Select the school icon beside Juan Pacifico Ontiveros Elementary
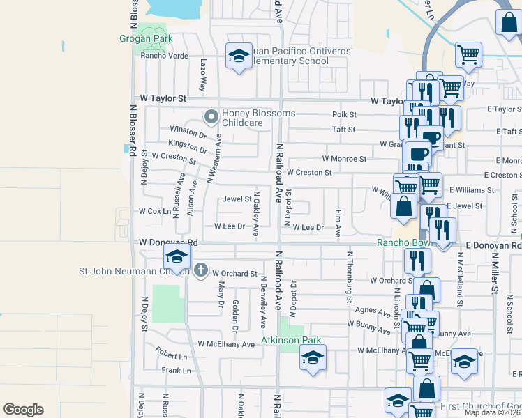[x=239, y=56]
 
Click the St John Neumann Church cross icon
[x=201, y=270]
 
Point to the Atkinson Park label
[x=291, y=341]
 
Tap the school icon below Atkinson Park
[x=312, y=359]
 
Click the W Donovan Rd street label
[x=169, y=242]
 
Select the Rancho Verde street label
[x=165, y=56]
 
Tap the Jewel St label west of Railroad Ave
[x=237, y=199]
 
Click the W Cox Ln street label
[x=155, y=210]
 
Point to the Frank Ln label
[x=176, y=371]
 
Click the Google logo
[x=23, y=410]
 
